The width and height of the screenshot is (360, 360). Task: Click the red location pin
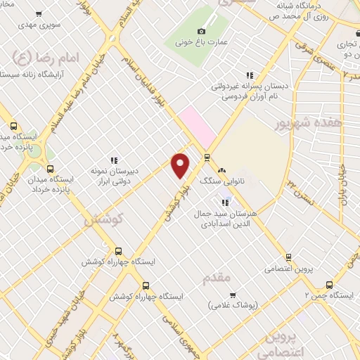(181, 165)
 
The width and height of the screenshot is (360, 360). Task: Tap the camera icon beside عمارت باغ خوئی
(202, 31)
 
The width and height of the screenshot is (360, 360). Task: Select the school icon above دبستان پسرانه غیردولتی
(248, 75)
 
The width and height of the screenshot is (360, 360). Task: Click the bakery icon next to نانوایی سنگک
(221, 170)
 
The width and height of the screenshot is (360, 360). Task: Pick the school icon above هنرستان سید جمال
(225, 202)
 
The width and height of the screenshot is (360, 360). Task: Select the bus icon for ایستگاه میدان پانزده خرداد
(49, 169)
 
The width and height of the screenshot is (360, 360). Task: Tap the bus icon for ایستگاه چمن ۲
(329, 285)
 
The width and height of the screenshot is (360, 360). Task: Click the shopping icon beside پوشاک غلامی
(233, 295)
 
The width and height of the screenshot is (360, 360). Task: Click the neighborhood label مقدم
(217, 278)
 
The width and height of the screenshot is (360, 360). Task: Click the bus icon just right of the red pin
(206, 157)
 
